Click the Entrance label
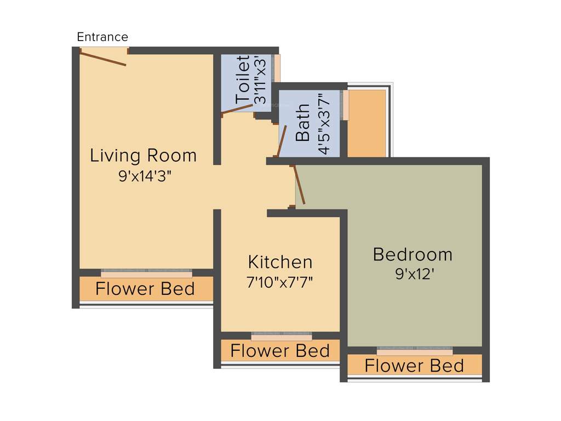[102, 37]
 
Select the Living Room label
[144, 156]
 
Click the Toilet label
[243, 79]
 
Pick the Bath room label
[303, 123]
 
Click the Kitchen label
[280, 261]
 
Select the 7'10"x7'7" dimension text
[280, 282]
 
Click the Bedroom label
[413, 254]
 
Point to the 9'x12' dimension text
[415, 274]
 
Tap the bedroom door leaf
[300, 185]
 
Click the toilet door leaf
[237, 109]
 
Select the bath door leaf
[282, 141]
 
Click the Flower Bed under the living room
[146, 289]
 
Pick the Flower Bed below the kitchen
[280, 351]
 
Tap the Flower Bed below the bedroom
[415, 365]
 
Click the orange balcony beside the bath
[367, 123]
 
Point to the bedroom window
[415, 349]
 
